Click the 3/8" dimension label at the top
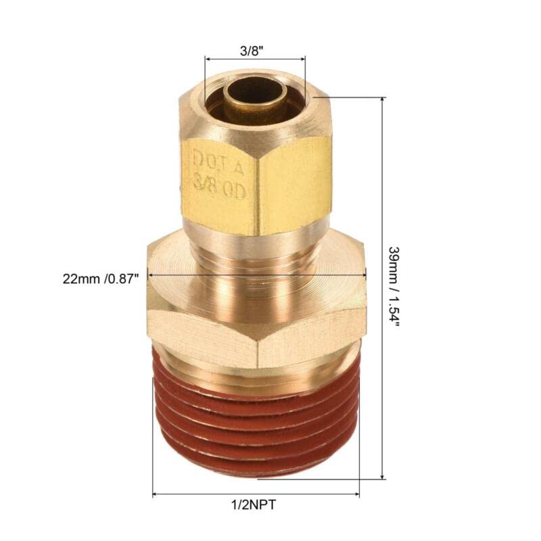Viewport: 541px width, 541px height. point(254,49)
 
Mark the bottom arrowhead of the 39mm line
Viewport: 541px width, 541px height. point(383,475)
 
